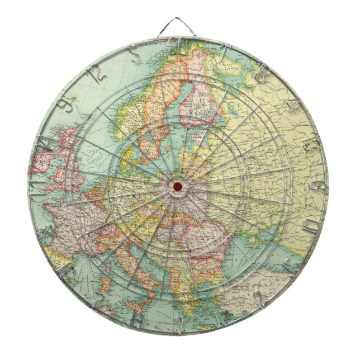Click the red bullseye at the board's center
coord(178,185)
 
